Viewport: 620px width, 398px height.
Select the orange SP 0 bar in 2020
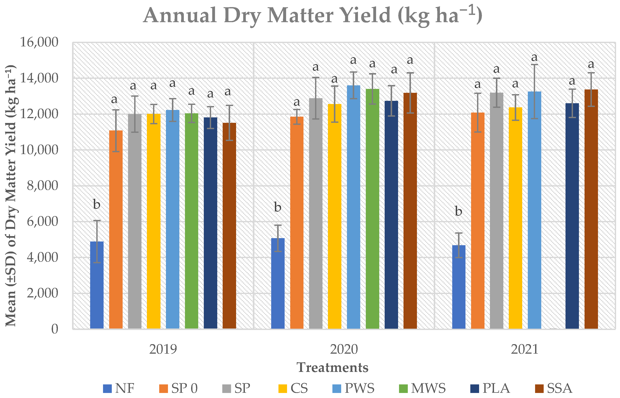point(297,222)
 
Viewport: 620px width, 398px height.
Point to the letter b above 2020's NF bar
point(278,207)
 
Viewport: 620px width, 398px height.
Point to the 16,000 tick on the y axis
point(39,42)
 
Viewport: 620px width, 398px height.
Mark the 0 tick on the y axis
point(55,329)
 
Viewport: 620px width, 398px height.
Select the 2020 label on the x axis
point(344,349)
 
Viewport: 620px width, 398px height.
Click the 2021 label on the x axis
point(524,349)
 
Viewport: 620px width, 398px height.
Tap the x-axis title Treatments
point(332,367)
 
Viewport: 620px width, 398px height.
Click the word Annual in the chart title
point(180,15)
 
